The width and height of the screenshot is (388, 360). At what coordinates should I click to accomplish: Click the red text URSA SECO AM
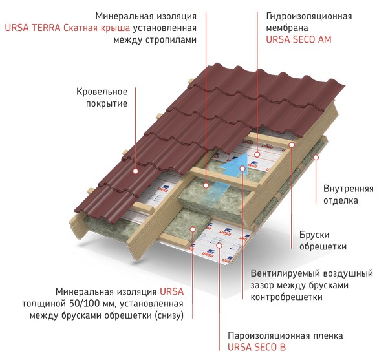(298, 40)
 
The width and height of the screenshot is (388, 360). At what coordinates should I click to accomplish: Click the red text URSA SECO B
(257, 347)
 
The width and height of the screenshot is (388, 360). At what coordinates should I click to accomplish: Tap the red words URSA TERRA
(32, 28)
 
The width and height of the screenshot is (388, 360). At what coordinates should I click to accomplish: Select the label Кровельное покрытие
(102, 98)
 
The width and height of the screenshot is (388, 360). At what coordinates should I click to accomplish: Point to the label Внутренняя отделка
(348, 195)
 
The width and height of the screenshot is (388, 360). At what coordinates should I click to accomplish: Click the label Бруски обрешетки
(323, 240)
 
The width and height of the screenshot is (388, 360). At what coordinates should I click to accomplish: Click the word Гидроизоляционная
(309, 16)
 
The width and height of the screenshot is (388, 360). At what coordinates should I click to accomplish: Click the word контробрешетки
(286, 297)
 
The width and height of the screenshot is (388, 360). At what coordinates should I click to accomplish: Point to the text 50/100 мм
(90, 304)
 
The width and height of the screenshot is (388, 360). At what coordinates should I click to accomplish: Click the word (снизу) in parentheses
(169, 316)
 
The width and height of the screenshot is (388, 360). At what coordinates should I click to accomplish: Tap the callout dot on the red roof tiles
(135, 171)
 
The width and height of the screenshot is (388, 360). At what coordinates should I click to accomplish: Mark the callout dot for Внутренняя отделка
(316, 157)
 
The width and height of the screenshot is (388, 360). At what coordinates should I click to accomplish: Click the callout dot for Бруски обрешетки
(292, 145)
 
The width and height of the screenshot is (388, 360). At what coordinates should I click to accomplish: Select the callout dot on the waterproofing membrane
(257, 154)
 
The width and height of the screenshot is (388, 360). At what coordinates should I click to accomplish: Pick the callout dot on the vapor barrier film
(219, 245)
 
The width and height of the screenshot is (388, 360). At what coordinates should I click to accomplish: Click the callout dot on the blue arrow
(242, 169)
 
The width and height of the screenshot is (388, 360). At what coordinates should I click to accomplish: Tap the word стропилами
(171, 40)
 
